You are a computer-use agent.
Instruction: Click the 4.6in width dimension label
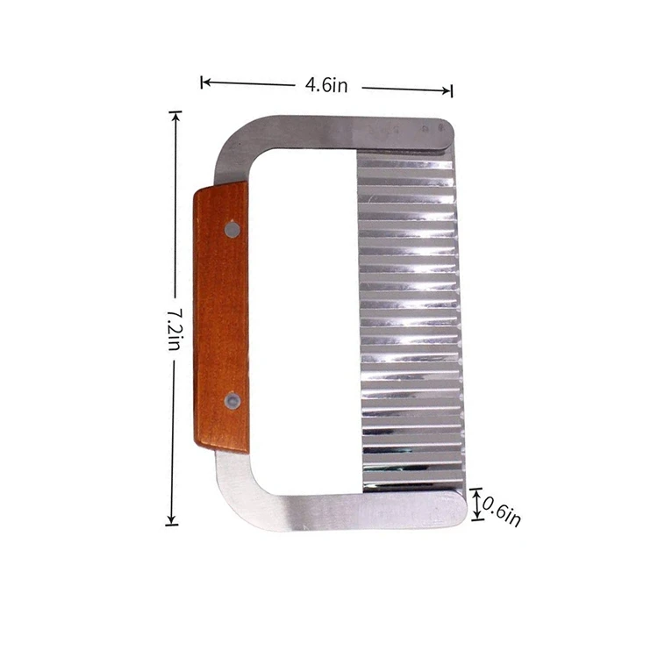[x=326, y=85]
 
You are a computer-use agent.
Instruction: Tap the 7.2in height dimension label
[x=174, y=327]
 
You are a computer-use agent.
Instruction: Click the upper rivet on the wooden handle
[x=232, y=229]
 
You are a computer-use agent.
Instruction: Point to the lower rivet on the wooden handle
[x=232, y=401]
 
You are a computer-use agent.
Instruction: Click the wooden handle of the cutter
[x=220, y=316]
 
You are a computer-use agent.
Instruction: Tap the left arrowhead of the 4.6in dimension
[x=204, y=82]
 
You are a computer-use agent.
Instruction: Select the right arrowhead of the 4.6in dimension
[x=449, y=89]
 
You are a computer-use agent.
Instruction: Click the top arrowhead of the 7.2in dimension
[x=176, y=115]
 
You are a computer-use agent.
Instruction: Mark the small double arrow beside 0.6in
[x=477, y=504]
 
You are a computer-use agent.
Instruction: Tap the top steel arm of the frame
[x=351, y=132]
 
